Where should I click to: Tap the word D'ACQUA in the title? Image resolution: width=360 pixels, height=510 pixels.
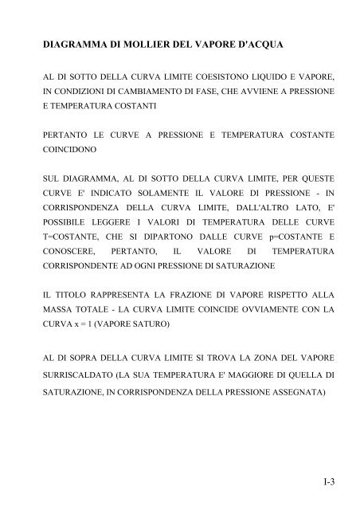pos(255,48)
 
